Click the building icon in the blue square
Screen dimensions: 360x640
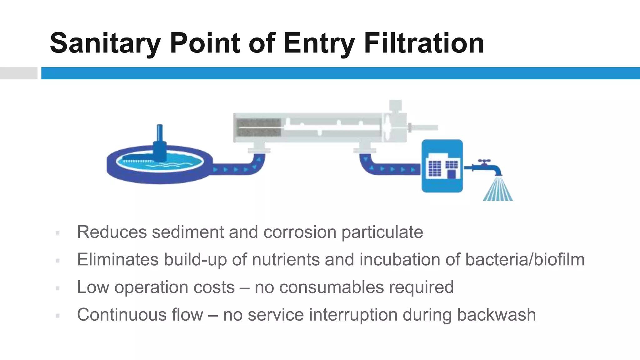pos(442,166)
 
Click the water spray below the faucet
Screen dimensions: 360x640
pos(497,189)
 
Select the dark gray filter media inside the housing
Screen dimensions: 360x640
pos(259,127)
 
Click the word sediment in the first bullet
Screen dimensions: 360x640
pos(188,232)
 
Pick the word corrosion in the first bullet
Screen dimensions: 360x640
pos(300,232)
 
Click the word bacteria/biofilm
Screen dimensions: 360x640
pos(525,260)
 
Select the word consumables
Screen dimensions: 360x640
pos(331,287)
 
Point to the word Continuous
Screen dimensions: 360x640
pos(122,315)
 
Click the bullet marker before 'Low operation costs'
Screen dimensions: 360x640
pos(57,288)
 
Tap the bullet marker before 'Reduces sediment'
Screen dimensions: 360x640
pos(57,233)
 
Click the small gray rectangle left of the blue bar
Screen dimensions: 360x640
pos(18,73)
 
